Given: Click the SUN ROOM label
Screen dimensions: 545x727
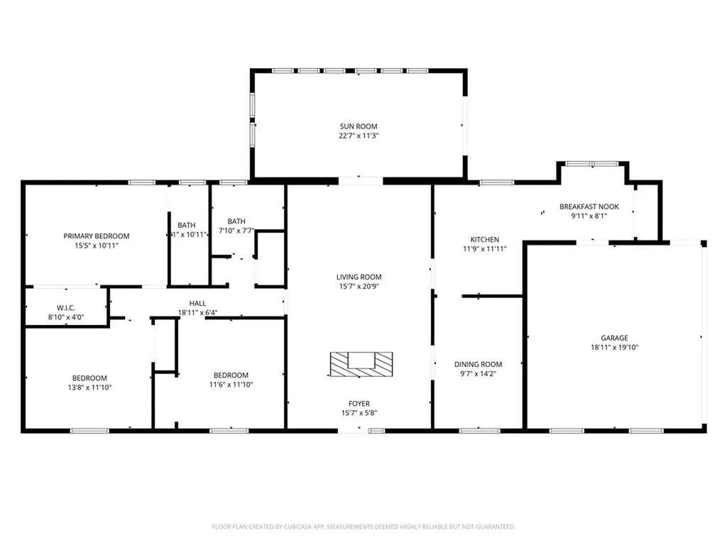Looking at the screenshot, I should [x=359, y=126].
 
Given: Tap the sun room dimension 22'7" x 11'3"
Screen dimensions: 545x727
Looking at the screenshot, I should [x=359, y=136].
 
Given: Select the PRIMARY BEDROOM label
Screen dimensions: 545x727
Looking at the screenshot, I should [x=97, y=236].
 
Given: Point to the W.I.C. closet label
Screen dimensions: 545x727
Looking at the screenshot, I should [x=57, y=308].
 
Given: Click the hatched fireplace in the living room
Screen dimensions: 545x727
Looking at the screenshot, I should [x=360, y=363].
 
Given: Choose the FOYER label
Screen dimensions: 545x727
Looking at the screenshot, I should [x=359, y=404].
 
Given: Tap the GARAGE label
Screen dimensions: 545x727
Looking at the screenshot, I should [x=616, y=338].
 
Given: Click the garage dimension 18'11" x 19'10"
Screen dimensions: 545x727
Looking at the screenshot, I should [x=616, y=348].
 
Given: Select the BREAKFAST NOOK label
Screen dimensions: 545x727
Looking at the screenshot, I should [x=589, y=207].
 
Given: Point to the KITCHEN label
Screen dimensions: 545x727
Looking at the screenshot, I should [x=484, y=240].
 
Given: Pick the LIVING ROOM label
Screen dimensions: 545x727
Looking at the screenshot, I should [x=359, y=277].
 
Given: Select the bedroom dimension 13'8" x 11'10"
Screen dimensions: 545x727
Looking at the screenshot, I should [x=89, y=387].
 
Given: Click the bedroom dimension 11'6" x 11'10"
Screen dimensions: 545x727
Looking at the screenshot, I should [x=231, y=385].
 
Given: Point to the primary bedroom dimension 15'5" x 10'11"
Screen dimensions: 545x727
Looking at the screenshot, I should [x=97, y=246].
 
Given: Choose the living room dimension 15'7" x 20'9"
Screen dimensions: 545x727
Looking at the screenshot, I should [x=359, y=287].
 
